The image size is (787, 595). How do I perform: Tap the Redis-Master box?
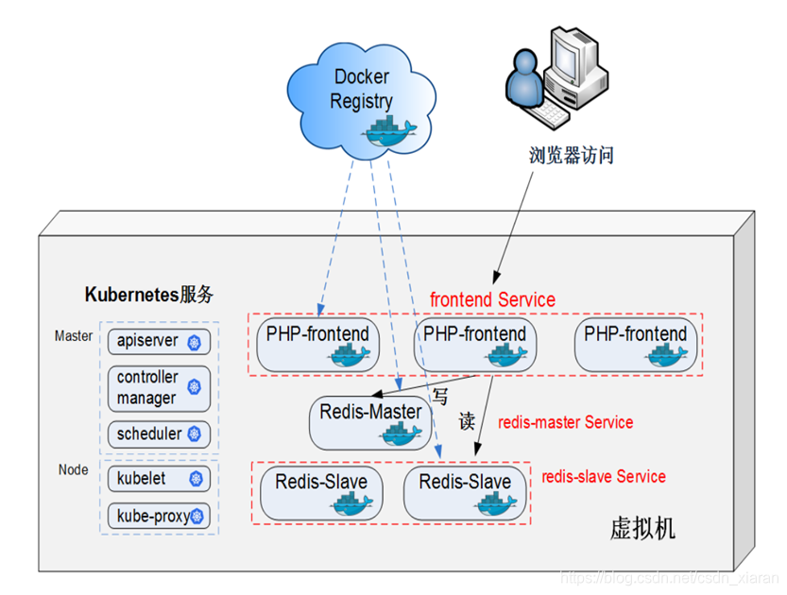369,421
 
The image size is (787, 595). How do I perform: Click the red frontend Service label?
492,299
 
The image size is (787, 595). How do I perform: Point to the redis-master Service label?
565,422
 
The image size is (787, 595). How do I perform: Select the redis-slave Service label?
603,476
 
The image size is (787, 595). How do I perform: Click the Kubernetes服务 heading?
149,294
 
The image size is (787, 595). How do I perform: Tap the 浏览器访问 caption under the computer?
572,155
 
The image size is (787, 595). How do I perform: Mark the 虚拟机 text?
642,528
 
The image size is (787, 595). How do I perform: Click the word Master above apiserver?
74,335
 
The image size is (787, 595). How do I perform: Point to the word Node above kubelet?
73,469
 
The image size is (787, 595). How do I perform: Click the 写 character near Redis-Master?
439,397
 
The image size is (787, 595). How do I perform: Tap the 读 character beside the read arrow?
466,421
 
